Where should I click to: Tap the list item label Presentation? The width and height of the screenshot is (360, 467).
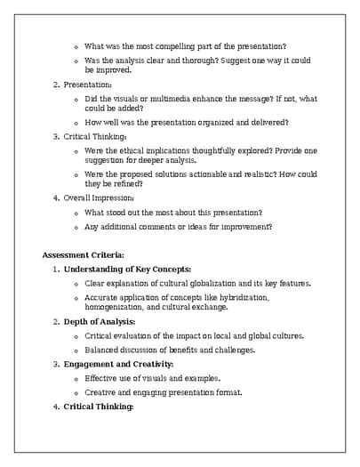[x=87, y=85]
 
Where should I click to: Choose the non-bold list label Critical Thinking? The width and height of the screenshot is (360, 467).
[x=95, y=137]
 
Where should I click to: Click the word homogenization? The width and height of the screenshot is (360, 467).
[x=116, y=307]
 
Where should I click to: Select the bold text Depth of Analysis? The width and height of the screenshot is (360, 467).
[x=100, y=321]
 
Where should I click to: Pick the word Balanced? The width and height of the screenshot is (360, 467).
[x=103, y=350]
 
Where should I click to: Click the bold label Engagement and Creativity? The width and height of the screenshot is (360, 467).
[x=119, y=364]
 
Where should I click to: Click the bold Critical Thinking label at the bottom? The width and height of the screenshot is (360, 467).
[x=99, y=407]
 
